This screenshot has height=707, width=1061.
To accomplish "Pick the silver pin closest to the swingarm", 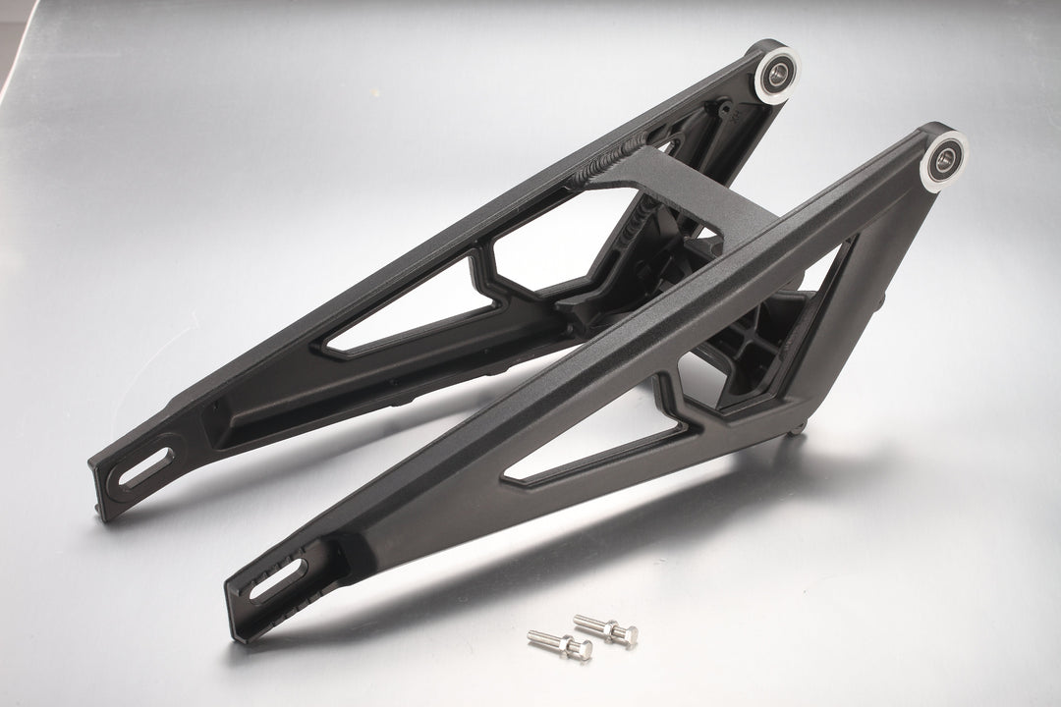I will pos(605,628).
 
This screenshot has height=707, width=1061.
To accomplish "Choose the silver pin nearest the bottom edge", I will pos(560,644).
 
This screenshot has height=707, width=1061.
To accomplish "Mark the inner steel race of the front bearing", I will pos(945,158).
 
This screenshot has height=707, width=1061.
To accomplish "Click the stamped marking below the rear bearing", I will pos(727,113).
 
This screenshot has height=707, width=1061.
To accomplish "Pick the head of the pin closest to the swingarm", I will pos(626,634).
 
